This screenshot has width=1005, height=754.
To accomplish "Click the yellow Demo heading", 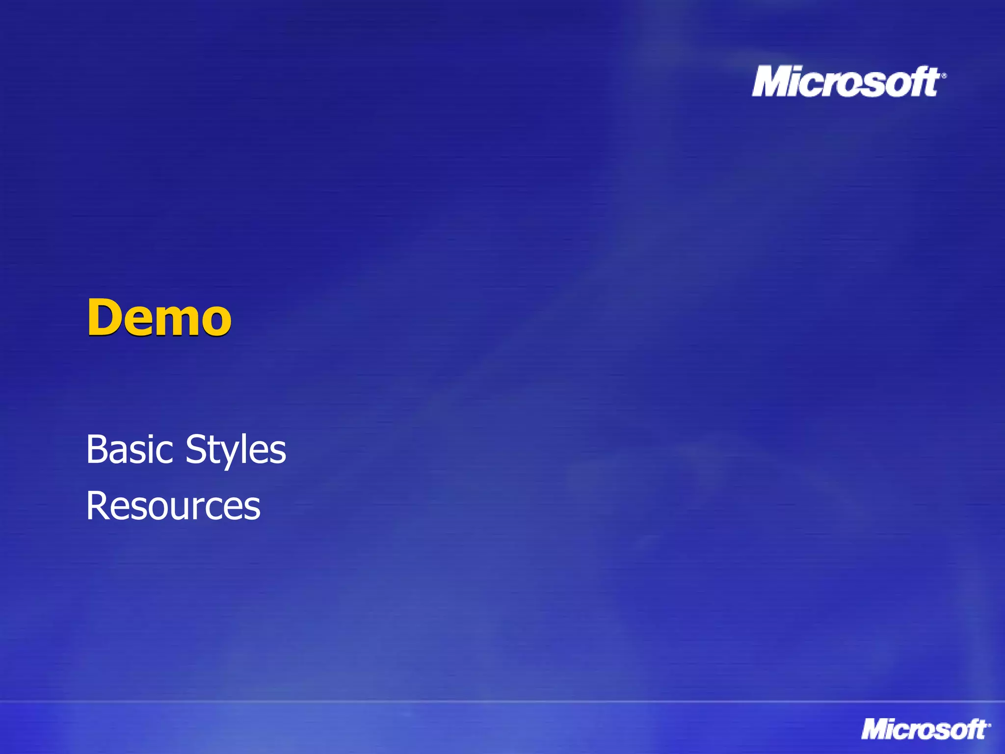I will pyautogui.click(x=159, y=318).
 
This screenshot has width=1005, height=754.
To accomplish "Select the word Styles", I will pyautogui.click(x=236, y=450).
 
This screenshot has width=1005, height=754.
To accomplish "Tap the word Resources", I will pyautogui.click(x=173, y=506).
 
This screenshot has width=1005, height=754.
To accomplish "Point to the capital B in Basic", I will pyautogui.click(x=96, y=449).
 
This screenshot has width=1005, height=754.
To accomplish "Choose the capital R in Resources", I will pyautogui.click(x=97, y=506).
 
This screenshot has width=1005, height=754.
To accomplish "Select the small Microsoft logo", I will pyautogui.click(x=926, y=729).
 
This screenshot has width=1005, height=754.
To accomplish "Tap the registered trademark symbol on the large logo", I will pyautogui.click(x=944, y=76).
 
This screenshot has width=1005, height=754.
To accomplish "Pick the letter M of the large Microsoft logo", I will pyautogui.click(x=773, y=81).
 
